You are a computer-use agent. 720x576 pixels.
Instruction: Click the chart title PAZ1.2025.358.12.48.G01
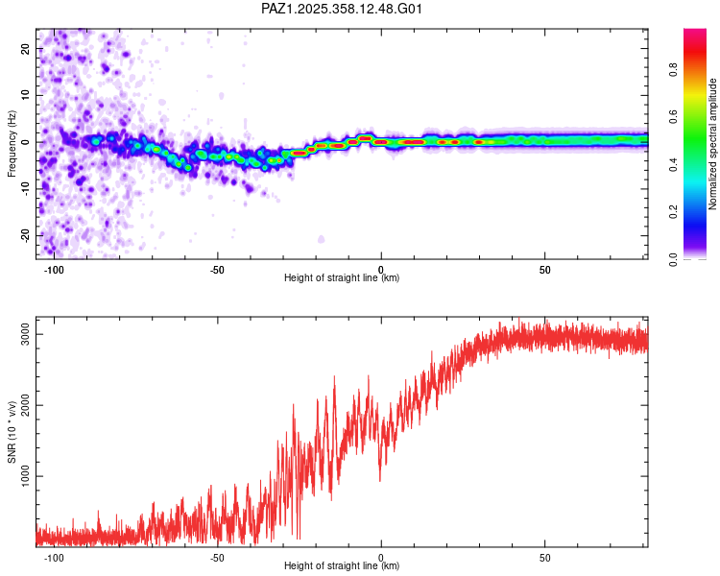(x=342, y=9)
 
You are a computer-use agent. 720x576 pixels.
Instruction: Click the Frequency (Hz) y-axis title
(x=12, y=143)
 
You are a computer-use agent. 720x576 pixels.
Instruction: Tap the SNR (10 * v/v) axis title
(x=12, y=431)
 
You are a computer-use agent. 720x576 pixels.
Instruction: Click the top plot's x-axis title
(x=342, y=277)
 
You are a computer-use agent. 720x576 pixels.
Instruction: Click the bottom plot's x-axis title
(x=342, y=565)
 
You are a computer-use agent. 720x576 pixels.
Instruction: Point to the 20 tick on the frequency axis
(x=26, y=49)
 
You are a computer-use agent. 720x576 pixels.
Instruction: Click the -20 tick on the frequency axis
(x=24, y=235)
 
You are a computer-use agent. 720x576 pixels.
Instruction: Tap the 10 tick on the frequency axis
(x=26, y=95)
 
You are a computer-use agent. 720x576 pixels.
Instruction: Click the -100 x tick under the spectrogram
(x=54, y=269)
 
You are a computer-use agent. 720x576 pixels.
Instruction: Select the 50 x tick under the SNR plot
(x=544, y=557)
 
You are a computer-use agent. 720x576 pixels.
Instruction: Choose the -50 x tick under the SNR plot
(x=217, y=557)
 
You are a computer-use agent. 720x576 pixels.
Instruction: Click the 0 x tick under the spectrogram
(x=381, y=269)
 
